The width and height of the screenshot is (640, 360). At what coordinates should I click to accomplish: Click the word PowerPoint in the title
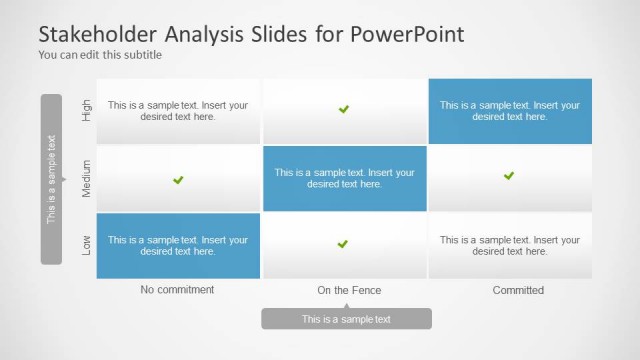point(407,34)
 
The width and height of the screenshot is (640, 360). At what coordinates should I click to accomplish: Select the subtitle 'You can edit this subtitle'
point(99,55)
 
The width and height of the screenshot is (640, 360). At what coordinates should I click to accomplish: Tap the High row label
point(86,110)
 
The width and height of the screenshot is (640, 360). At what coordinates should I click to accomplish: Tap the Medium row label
point(86,178)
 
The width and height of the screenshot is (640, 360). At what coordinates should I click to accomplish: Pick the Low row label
point(86,245)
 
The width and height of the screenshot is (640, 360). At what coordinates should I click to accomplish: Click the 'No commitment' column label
point(178,290)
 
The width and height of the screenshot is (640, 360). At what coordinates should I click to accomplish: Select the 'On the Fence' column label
point(349,290)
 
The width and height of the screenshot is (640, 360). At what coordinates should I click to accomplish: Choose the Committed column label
point(518,290)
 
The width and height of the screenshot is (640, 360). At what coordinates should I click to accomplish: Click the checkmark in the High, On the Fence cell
point(344,109)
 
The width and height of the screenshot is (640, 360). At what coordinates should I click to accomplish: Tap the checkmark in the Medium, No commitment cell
point(178,180)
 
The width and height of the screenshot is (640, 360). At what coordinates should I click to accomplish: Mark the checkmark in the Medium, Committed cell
point(509,176)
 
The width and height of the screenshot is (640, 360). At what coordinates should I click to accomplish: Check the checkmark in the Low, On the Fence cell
point(342,244)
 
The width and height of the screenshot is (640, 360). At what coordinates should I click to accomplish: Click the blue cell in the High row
point(510,111)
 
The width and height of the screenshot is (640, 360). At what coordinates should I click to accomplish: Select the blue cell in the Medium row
point(344,178)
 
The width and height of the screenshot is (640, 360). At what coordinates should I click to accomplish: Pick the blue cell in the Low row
point(178,246)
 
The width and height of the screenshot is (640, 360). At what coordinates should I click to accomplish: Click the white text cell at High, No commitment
point(178,111)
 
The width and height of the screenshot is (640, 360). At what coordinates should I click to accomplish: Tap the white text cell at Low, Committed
point(510,246)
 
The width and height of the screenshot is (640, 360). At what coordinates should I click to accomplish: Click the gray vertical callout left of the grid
point(51,179)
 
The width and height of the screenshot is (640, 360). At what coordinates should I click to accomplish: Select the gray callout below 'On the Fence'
point(346,319)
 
